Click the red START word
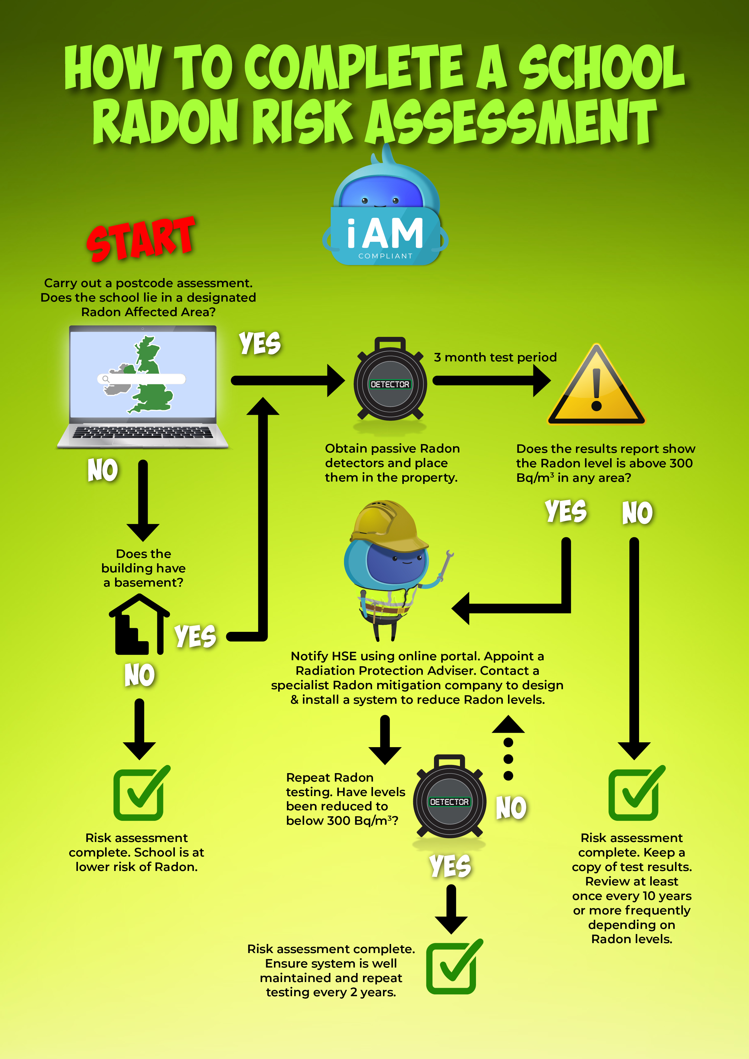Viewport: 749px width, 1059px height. point(141,239)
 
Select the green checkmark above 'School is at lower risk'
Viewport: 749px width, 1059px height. point(140,792)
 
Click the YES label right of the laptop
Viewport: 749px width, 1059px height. point(259,344)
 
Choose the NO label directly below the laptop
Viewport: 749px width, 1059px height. point(102,470)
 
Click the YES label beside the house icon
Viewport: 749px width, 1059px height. point(195,636)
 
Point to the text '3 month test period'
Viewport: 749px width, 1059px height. point(495,357)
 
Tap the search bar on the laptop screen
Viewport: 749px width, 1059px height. point(141,379)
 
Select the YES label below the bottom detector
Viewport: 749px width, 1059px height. point(450,866)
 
